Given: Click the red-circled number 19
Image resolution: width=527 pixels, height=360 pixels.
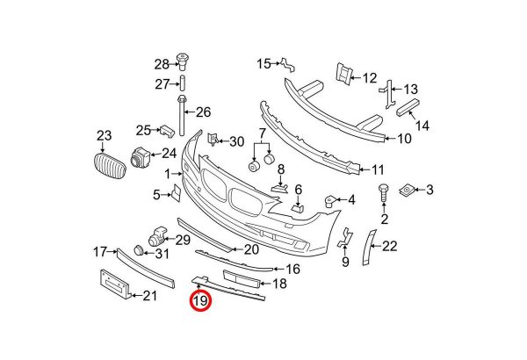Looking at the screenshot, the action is pyautogui.click(x=200, y=300).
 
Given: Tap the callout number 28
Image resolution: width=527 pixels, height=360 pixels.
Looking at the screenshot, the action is pyautogui.click(x=162, y=64).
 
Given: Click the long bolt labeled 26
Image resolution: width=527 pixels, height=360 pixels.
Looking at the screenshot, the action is pyautogui.click(x=182, y=115).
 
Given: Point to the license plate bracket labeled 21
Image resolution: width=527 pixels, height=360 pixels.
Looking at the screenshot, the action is pyautogui.click(x=114, y=284).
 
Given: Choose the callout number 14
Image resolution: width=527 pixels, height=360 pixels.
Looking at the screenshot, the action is pyautogui.click(x=422, y=126).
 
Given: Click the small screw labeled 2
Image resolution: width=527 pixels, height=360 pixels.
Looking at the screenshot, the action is pyautogui.click(x=384, y=193).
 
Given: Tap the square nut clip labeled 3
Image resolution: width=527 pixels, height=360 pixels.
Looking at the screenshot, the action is pyautogui.click(x=407, y=191).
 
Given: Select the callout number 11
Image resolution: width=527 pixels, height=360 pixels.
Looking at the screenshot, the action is pyautogui.click(x=378, y=169).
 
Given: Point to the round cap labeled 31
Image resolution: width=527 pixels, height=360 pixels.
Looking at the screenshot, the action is pyautogui.click(x=139, y=251).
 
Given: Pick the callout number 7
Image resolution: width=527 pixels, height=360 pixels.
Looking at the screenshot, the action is pyautogui.click(x=262, y=133).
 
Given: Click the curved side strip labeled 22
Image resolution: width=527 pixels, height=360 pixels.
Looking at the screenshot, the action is pyautogui.click(x=369, y=247).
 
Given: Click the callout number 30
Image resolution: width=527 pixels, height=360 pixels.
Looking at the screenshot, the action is pyautogui.click(x=236, y=142).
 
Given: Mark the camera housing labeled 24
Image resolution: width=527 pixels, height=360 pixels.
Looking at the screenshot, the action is pyautogui.click(x=140, y=157).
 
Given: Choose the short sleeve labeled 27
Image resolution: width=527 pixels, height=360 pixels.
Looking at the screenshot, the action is pyautogui.click(x=182, y=83).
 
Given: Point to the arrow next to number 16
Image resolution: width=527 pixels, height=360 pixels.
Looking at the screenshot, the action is pyautogui.click(x=278, y=269).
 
